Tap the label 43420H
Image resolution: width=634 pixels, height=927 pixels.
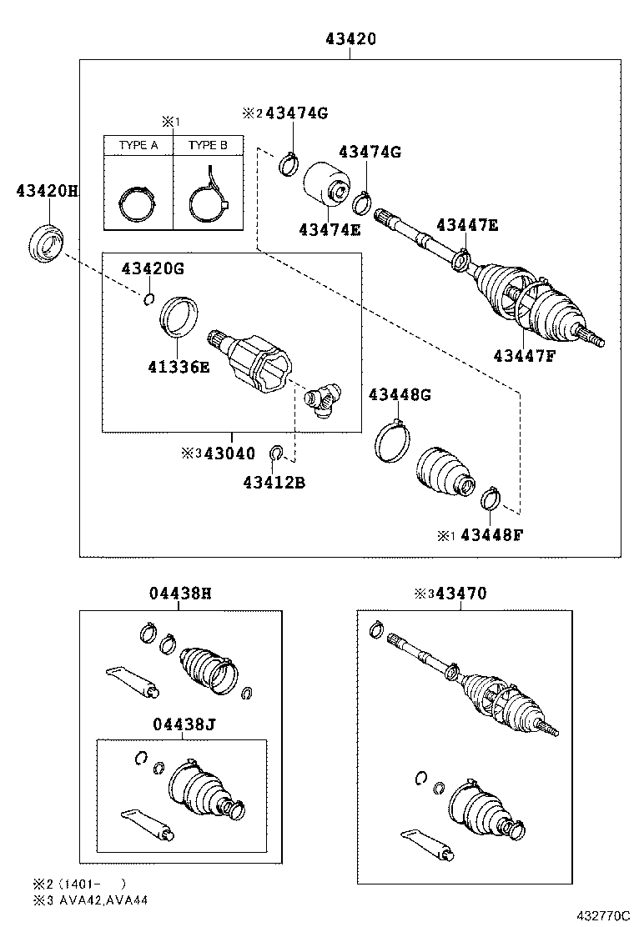coord(47,191)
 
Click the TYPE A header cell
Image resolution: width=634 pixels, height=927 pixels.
coord(138,145)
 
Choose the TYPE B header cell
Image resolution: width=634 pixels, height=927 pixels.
coord(208,145)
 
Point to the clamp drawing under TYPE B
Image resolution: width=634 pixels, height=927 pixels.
coord(208,198)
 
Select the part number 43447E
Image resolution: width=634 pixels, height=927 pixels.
coord(466,224)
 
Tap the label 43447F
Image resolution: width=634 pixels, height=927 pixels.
coord(523,355)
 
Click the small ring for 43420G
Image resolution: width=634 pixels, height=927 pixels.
coord(148,300)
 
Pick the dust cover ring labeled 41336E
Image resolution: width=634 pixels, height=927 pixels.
coord(179,317)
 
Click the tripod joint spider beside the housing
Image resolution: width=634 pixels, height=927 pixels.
coord(324,401)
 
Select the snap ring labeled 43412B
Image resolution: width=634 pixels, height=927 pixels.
coord(278,453)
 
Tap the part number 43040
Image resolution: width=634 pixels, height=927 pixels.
coord(230,453)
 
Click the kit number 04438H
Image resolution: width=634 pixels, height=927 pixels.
coord(180,594)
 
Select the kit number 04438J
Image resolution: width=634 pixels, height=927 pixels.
coord(184,724)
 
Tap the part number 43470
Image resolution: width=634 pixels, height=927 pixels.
coord(465,594)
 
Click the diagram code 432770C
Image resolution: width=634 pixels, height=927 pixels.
coord(599,915)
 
